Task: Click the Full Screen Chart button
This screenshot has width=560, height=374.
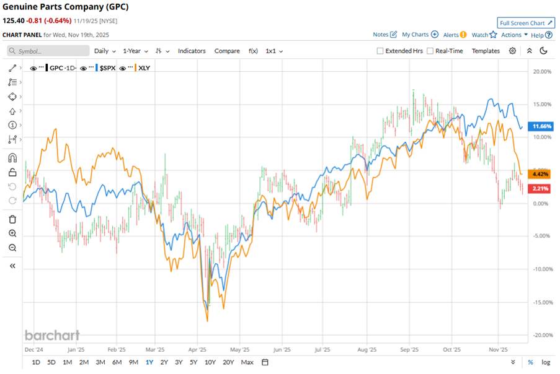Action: (x=526, y=23)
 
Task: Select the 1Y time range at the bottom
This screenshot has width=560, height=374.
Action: (x=149, y=362)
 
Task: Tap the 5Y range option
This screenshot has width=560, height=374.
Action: (x=193, y=362)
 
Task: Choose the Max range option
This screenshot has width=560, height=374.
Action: (x=247, y=362)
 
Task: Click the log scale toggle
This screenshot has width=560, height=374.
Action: (x=545, y=362)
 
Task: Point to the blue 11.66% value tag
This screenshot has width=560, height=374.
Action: (x=541, y=126)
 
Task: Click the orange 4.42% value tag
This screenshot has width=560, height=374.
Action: (x=541, y=175)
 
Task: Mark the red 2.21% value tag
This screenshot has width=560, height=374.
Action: (x=541, y=188)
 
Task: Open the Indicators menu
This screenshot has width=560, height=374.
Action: (x=192, y=51)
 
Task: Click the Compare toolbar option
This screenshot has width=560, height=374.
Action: (x=227, y=51)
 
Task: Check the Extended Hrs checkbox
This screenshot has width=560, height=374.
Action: (x=380, y=51)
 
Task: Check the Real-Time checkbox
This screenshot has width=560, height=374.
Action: (x=430, y=51)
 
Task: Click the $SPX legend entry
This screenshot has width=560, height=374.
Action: (x=107, y=67)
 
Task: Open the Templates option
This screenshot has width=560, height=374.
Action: (x=486, y=51)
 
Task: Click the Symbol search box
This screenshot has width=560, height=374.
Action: (x=48, y=51)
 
